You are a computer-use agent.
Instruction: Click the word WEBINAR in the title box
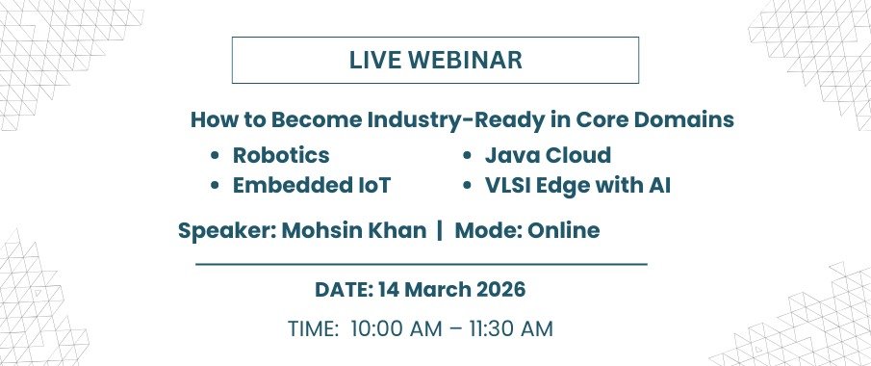point(465,61)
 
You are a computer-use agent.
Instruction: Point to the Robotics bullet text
point(281,155)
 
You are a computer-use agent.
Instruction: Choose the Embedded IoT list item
point(312,185)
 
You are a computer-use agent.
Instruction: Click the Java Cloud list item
point(548,155)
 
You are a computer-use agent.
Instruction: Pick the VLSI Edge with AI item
point(577,185)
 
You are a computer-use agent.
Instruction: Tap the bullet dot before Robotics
point(215,156)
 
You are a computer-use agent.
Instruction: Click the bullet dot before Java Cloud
point(467,156)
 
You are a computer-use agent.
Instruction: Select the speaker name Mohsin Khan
point(354,230)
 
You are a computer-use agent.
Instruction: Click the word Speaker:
point(227,231)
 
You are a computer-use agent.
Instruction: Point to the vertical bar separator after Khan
point(440,230)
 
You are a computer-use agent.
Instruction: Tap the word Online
point(563,230)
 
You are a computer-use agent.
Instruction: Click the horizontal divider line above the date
point(422,264)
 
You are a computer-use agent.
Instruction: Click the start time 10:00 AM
point(397,328)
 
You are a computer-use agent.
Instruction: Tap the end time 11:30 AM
point(511,328)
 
